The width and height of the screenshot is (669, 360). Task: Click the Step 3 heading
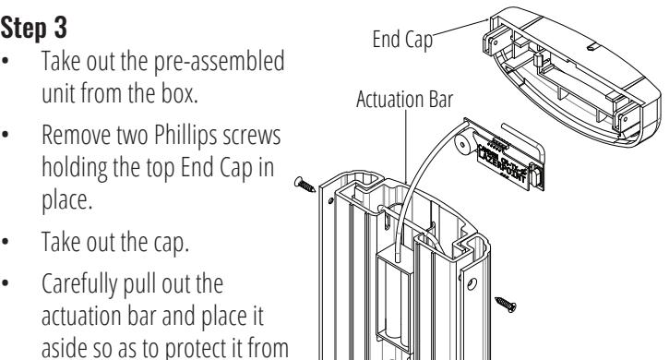tap(34, 29)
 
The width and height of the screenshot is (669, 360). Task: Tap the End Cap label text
tap(402, 40)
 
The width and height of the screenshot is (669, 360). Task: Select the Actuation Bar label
tap(404, 99)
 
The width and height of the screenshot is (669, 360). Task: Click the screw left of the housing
tap(305, 185)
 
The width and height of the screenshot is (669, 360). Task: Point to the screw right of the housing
tap(506, 304)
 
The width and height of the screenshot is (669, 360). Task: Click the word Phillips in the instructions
tap(185, 136)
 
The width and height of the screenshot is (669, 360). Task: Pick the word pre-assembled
tap(219, 62)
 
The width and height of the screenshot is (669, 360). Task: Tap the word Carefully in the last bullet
tap(78, 283)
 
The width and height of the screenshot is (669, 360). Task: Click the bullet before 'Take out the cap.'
tap(6, 241)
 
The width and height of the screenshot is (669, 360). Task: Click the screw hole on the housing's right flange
tap(472, 283)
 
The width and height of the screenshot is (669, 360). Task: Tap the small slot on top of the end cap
tap(592, 47)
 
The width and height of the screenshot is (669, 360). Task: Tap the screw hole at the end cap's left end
tap(496, 42)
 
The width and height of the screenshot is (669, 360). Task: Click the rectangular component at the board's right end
tap(537, 175)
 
